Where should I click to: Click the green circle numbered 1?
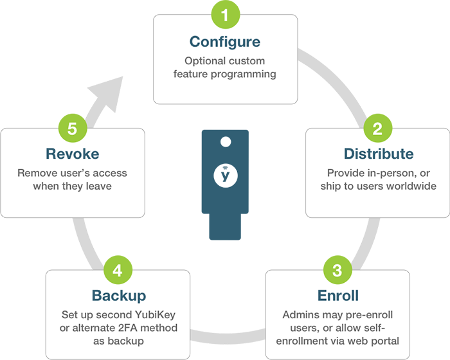pos(225,14)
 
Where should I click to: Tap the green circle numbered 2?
pos(377,127)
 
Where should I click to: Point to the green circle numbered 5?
pos(72,127)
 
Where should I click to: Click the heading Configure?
pos(225,42)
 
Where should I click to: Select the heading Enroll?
pos(337,296)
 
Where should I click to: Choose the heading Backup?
pos(118,296)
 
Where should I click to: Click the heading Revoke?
pos(72,154)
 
